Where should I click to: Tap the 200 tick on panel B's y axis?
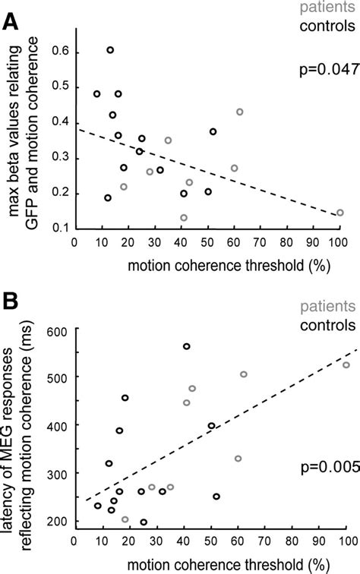pyautogui.click(x=58, y=522)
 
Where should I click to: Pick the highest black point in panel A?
pyautogui.click(x=110, y=50)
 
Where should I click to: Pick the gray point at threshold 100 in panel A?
pyautogui.click(x=339, y=213)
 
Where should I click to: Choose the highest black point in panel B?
pyautogui.click(x=186, y=346)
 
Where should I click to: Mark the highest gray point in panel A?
pyautogui.click(x=239, y=112)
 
